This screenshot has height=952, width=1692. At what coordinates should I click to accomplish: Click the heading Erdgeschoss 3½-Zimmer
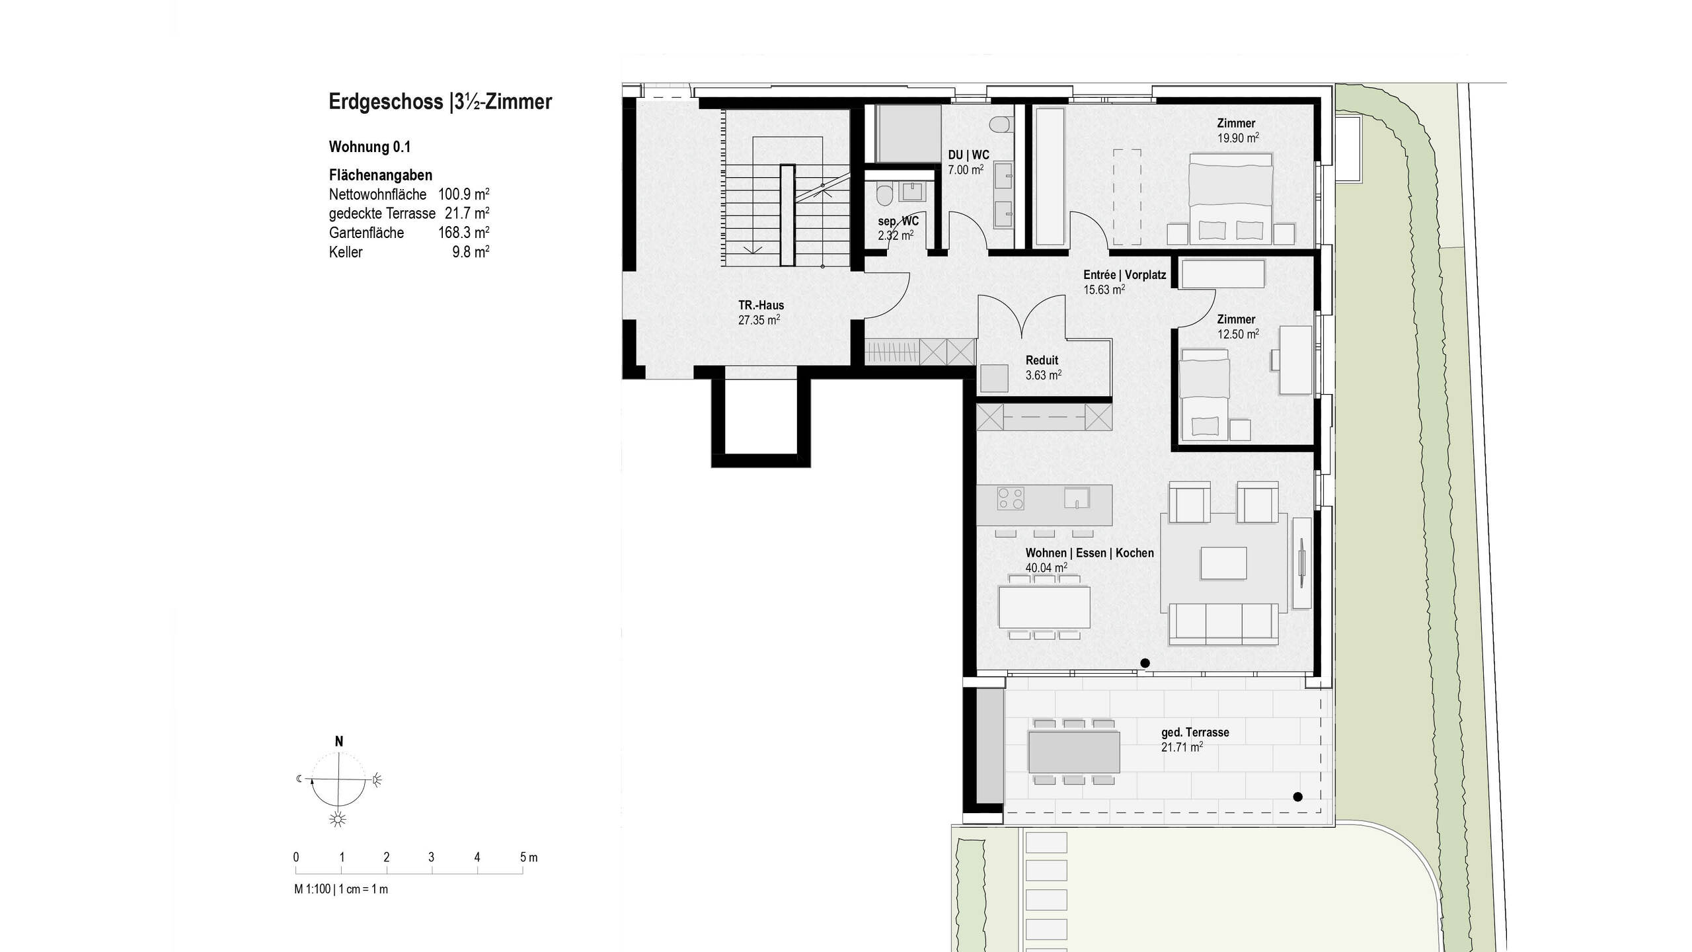(x=440, y=102)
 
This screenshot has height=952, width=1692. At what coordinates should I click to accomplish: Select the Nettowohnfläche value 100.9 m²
(x=463, y=194)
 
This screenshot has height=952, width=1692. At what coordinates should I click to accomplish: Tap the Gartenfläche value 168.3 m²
(x=463, y=233)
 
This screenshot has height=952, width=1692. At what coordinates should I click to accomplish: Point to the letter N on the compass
(x=339, y=742)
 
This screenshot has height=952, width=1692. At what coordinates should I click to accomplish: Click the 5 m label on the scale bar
(x=528, y=857)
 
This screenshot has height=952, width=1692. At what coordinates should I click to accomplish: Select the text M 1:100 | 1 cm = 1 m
(x=341, y=889)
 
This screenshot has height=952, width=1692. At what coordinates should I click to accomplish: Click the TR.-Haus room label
(x=761, y=305)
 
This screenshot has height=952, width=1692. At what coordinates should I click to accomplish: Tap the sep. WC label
(x=898, y=221)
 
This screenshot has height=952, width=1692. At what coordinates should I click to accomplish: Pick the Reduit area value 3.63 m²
(x=1043, y=375)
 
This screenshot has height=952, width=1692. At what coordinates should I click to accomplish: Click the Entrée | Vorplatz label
(x=1124, y=275)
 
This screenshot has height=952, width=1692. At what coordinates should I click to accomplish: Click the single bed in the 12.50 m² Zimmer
(x=1205, y=393)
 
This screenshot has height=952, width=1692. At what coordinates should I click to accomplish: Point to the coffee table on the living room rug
(x=1224, y=564)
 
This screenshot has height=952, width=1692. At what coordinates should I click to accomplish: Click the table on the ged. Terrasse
(x=1074, y=752)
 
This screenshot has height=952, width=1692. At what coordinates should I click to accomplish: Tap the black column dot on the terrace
(x=1297, y=797)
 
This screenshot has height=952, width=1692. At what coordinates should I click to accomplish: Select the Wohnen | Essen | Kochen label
(x=1089, y=553)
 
